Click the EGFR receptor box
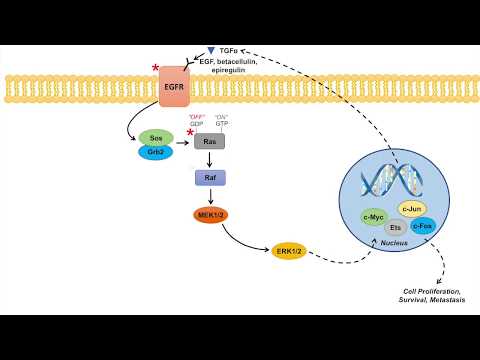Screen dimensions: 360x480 [x=173, y=87]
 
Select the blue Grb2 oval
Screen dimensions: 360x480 [x=155, y=152]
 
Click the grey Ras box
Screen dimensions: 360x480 [x=209, y=141]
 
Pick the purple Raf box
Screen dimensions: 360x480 [x=210, y=178]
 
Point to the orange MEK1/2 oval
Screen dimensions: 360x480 [x=211, y=215]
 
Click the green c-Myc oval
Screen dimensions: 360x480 [x=374, y=217]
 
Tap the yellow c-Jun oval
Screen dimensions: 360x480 [x=412, y=208]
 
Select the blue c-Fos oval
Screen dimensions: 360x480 [x=423, y=226]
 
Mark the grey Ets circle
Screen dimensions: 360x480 [x=395, y=227]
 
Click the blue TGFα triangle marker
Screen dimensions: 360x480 [x=211, y=50]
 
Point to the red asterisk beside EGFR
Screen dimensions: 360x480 [x=155, y=68]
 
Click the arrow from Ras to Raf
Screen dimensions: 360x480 [x=210, y=159]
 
